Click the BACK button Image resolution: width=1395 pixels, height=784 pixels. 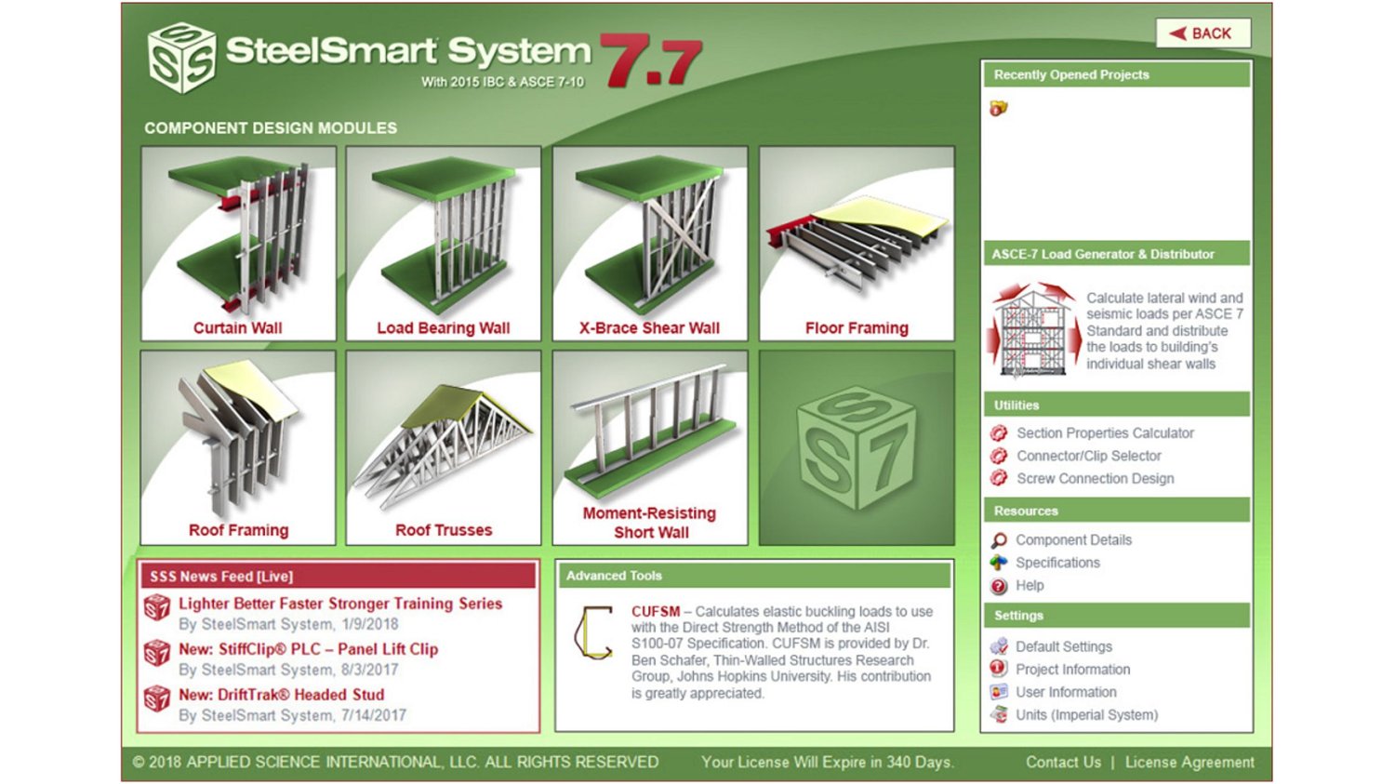[1202, 33]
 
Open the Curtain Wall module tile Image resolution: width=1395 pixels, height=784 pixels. [238, 244]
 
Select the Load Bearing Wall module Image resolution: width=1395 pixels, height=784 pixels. [444, 244]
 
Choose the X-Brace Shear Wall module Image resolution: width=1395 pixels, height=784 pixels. [650, 244]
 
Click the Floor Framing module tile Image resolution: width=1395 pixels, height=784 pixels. [857, 244]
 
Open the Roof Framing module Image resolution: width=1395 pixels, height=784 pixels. [238, 447]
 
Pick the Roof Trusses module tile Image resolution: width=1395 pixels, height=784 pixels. [444, 447]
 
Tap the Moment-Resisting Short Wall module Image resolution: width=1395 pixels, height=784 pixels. [650, 447]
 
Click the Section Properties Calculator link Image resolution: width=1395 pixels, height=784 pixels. [1105, 433]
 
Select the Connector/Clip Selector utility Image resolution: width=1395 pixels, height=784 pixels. [1088, 456]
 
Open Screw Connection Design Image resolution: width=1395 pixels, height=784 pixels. [1095, 479]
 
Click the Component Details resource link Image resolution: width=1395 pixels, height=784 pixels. [1073, 540]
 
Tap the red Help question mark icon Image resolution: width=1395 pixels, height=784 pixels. [999, 586]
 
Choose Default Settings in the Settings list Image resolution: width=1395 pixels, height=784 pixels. [1063, 647]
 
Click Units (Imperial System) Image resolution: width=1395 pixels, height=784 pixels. [1086, 715]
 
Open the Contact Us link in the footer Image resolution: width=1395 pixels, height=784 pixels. [1063, 763]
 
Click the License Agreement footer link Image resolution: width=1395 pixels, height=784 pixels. [1189, 763]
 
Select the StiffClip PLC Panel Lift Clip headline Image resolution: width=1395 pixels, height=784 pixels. [308, 649]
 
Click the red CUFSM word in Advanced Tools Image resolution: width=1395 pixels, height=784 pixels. [656, 612]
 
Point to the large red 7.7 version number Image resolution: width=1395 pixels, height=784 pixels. [651, 61]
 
